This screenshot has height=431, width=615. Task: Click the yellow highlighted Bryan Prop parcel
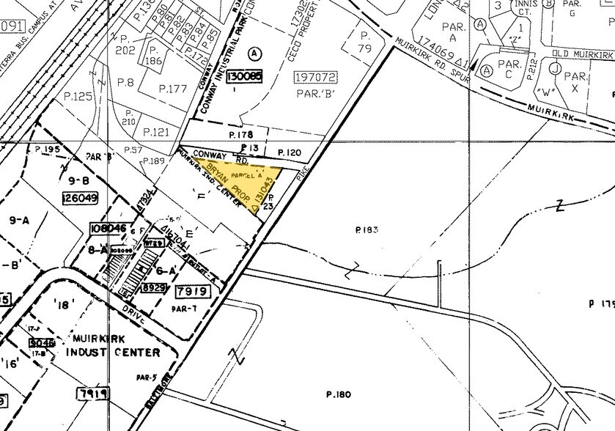[x=242, y=183]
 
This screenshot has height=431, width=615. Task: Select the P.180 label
[x=339, y=395]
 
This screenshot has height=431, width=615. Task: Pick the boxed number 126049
[x=81, y=197]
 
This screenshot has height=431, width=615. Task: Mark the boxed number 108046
[x=105, y=229]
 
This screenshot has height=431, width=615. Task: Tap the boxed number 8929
[x=152, y=289]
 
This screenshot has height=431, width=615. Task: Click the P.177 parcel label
[x=174, y=89]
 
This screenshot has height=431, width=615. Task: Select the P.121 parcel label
[x=156, y=132]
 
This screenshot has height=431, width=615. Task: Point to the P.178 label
[x=240, y=135]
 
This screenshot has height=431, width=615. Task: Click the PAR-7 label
[x=182, y=309]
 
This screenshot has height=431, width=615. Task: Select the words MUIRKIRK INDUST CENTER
[x=113, y=345]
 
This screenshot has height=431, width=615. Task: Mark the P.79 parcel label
[x=366, y=41]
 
